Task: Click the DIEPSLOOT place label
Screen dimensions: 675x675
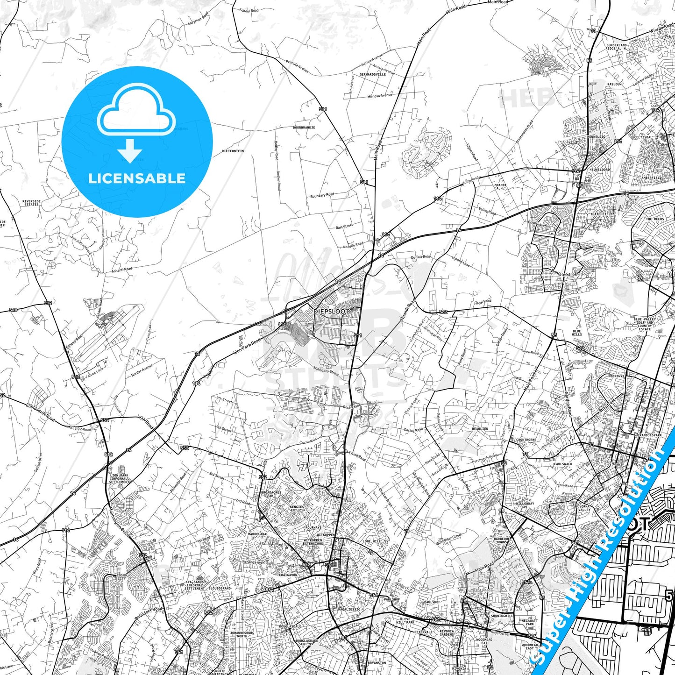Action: [331, 311]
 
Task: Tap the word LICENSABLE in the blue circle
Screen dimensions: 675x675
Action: [137, 178]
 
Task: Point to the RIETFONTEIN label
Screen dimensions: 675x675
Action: [233, 151]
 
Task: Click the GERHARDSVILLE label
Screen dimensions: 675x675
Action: [372, 74]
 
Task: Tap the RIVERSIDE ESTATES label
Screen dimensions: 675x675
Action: [31, 203]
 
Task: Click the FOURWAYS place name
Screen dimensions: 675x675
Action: [313, 528]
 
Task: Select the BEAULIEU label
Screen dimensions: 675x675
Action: [480, 428]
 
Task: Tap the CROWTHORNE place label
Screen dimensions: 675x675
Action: [526, 440]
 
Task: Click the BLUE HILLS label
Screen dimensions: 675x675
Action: [577, 333]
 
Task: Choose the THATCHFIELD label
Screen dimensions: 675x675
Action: [602, 214]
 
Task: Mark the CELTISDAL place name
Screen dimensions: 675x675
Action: [643, 137]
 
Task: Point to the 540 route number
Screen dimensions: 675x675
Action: [13, 310]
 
